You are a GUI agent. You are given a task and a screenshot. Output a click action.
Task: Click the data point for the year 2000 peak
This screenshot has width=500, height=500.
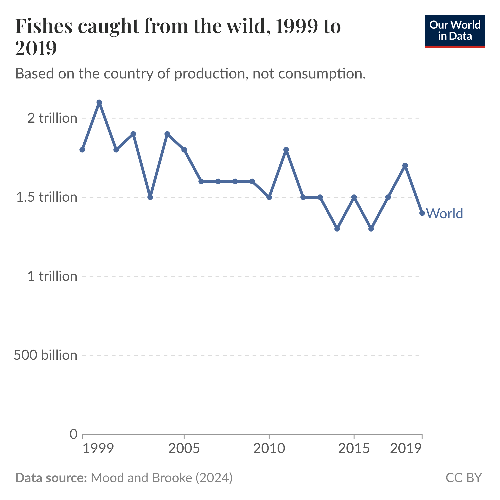tap(99, 102)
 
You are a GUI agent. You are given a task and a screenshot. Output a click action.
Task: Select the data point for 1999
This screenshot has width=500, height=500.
tap(82, 150)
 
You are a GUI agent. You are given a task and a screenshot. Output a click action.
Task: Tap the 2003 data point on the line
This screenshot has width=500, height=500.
tap(150, 197)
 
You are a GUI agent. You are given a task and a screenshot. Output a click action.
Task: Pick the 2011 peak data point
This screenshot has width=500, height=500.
tap(286, 150)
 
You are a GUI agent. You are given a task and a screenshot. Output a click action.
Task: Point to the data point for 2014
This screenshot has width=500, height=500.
tap(337, 228)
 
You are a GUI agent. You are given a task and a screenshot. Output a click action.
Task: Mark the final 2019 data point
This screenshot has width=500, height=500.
tap(422, 213)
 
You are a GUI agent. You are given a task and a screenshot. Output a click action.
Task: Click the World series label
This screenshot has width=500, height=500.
tap(444, 213)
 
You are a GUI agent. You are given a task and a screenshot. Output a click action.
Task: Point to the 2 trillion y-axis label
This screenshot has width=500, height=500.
tap(52, 118)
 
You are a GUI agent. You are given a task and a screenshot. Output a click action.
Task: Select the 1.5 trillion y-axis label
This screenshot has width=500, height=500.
tap(47, 197)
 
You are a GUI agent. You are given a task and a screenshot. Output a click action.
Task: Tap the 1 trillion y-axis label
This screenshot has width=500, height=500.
tap(52, 276)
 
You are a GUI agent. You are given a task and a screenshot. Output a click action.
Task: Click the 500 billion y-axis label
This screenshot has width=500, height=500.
tap(45, 355)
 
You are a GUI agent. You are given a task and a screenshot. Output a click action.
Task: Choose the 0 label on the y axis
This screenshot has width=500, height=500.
tap(74, 434)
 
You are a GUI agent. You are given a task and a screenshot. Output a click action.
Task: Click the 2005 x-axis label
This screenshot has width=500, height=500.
tap(184, 449)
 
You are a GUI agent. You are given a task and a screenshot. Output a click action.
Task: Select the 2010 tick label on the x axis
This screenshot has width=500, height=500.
tap(269, 449)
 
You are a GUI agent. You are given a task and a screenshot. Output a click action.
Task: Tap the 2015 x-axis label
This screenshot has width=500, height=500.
tap(354, 449)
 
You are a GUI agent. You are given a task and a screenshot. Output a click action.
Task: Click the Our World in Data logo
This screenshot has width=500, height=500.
tap(455, 31)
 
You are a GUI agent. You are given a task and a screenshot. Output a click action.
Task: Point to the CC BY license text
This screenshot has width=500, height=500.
tap(463, 478)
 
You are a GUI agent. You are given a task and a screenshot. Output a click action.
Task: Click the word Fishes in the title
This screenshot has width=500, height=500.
tap(44, 26)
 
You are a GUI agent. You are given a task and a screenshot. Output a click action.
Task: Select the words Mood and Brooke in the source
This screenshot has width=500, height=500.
tap(141, 478)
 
